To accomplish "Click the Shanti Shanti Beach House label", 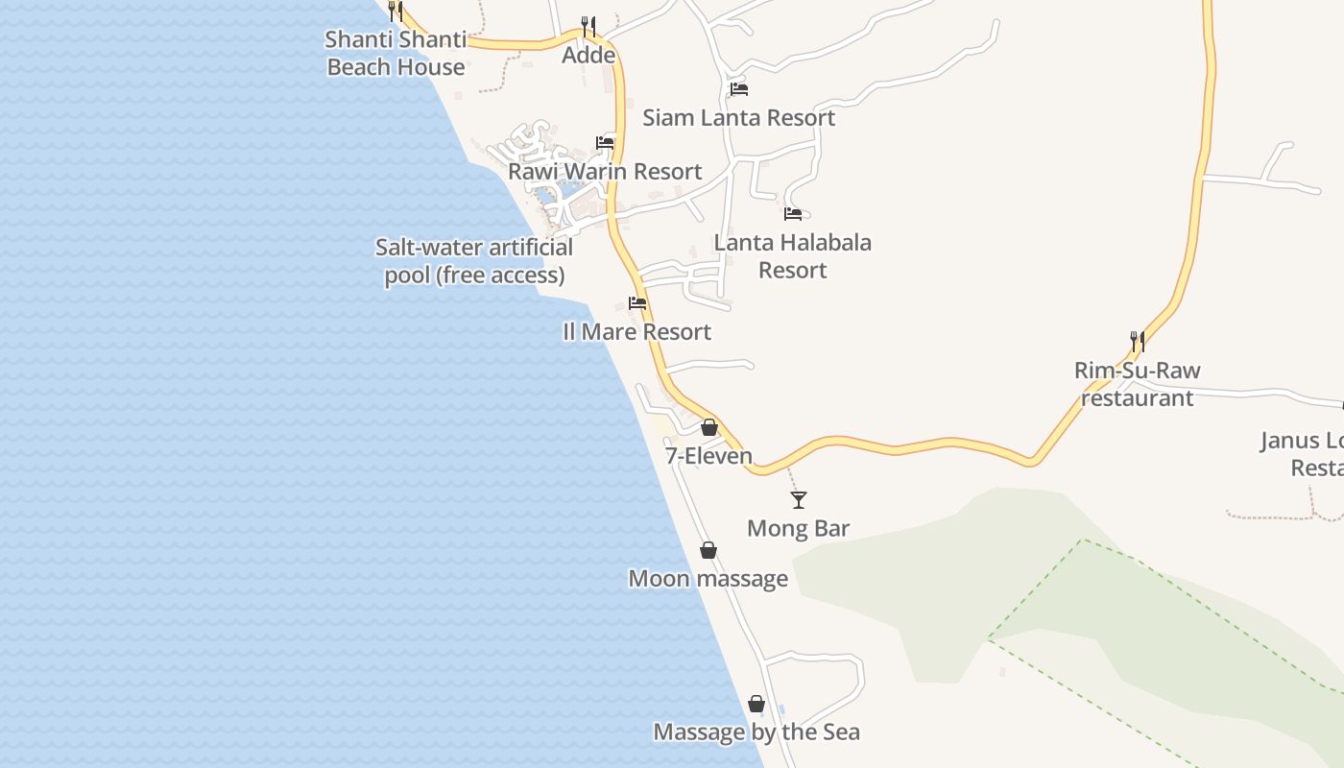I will [x=396, y=54].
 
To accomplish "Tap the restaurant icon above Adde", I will [x=588, y=27].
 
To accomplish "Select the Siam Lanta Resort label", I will [x=738, y=118].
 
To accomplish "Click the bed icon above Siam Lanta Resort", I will [x=738, y=89].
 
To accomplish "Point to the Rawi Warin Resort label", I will [x=605, y=172].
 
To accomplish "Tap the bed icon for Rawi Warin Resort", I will [x=605, y=143].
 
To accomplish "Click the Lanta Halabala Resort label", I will [x=792, y=256].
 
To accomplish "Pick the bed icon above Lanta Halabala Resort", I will [x=792, y=214].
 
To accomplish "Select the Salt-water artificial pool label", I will [x=474, y=261].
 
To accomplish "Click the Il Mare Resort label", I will [x=636, y=332].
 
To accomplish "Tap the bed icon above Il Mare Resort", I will [x=637, y=303].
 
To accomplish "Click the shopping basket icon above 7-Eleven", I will [x=709, y=427].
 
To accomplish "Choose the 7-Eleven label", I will [x=708, y=456].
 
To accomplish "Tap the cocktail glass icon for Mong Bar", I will [x=798, y=499].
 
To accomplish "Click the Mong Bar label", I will [x=798, y=529].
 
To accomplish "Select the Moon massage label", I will [x=708, y=579].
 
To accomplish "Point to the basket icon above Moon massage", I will [x=708, y=550].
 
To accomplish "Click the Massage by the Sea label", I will [x=756, y=732].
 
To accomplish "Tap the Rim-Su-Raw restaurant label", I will [x=1137, y=384].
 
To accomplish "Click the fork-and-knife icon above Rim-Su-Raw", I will [x=1137, y=341].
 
